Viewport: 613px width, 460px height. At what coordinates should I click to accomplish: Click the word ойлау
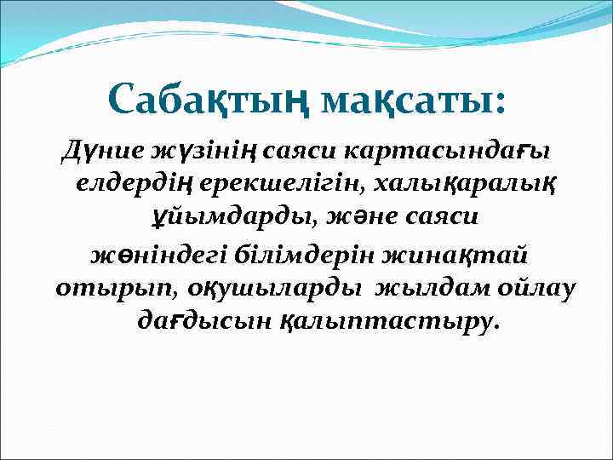pos(536,288)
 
